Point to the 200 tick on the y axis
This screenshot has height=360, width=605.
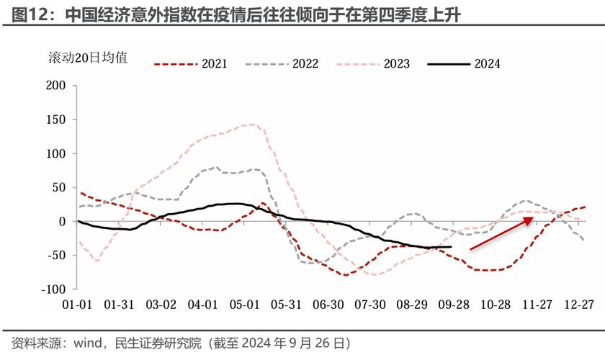click(56, 86)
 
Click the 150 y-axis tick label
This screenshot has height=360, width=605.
click(56, 120)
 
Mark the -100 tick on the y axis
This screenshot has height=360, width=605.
click(54, 289)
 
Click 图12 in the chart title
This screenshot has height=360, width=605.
click(27, 14)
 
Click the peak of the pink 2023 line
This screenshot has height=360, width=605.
click(251, 125)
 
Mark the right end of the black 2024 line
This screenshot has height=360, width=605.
click(452, 247)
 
